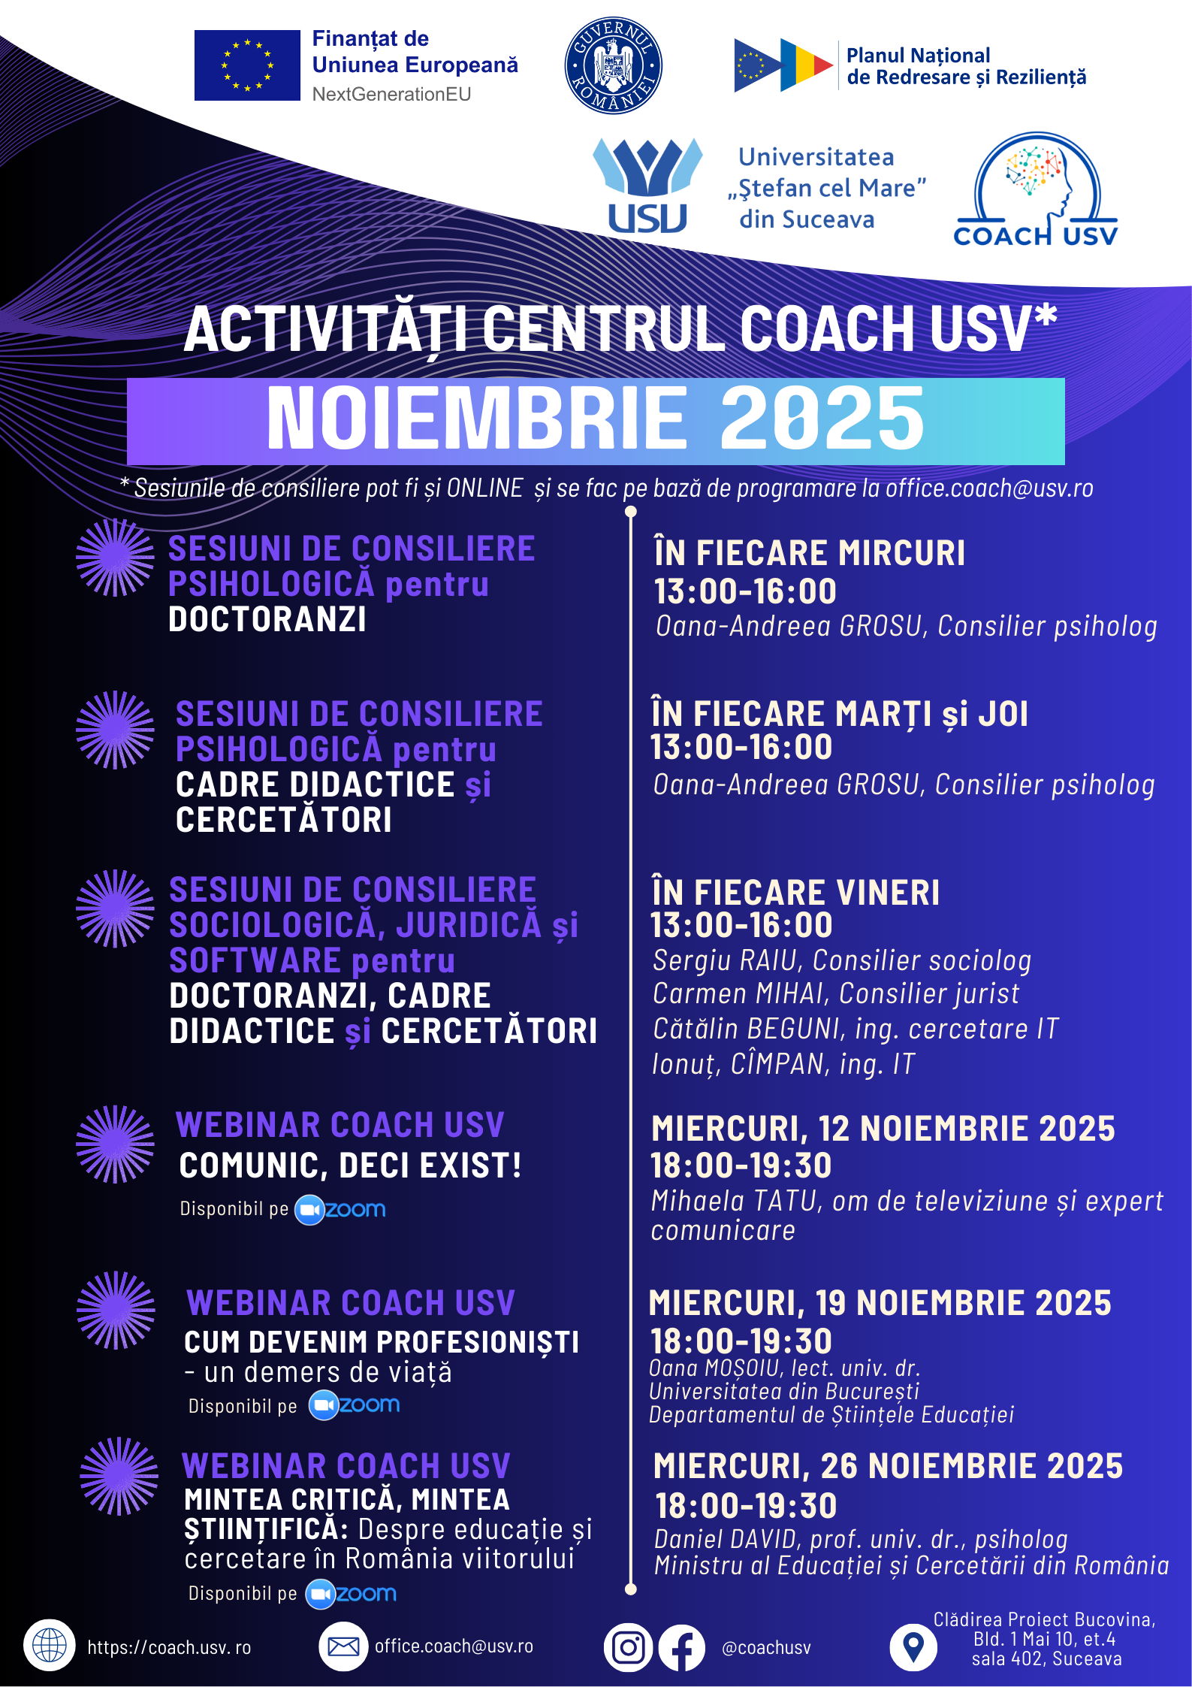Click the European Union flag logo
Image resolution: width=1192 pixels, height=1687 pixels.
tap(247, 65)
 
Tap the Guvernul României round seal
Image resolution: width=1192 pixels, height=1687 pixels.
tap(613, 65)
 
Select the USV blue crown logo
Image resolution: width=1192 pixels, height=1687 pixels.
tap(647, 185)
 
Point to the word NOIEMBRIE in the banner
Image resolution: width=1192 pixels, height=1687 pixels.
tap(477, 419)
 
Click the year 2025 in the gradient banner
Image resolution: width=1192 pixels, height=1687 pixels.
tap(822, 419)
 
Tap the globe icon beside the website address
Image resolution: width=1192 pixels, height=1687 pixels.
tap(50, 1646)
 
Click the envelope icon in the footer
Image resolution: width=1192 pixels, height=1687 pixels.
tap(343, 1646)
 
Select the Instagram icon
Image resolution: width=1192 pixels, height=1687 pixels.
tap(628, 1648)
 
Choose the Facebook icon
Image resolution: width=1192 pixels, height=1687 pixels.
tap(682, 1648)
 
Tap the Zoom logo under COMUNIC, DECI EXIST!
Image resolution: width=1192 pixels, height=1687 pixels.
tap(340, 1209)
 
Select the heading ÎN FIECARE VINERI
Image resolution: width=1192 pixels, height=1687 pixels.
tap(795, 892)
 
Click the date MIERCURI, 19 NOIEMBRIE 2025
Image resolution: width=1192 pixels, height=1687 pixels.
tap(880, 1303)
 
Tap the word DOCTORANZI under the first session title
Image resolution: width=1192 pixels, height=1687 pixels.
tap(267, 619)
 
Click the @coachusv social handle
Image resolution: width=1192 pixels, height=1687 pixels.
tap(766, 1648)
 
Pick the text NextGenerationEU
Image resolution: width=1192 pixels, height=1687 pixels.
tap(392, 94)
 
